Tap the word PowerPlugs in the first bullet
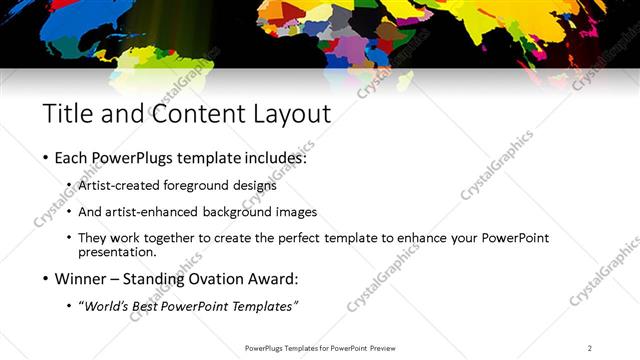pos(134,158)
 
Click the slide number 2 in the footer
pos(589,348)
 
